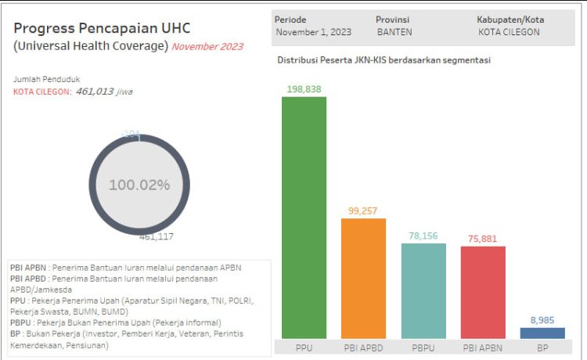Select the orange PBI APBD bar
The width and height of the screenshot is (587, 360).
coord(363,278)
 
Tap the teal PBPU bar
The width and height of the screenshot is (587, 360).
coord(423,290)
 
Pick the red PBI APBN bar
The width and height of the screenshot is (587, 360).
coord(483,292)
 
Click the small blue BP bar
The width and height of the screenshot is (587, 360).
coord(542,333)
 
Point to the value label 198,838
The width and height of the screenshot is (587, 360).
coord(304,88)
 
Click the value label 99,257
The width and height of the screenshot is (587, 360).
coord(363,211)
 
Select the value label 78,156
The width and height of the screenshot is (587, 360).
coord(423,236)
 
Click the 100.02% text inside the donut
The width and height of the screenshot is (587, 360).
coord(139,185)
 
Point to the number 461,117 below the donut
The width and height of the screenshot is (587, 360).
coord(157,236)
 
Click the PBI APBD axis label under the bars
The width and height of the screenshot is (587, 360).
coord(363,346)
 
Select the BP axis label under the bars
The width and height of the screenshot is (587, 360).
coord(542,346)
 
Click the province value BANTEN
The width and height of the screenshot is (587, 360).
coord(394,32)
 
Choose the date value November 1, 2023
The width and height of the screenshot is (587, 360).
coord(313,32)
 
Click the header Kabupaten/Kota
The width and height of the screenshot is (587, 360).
coord(510,19)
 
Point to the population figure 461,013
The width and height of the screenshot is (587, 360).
coord(95,92)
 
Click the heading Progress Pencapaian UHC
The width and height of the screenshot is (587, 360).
coord(102,28)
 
